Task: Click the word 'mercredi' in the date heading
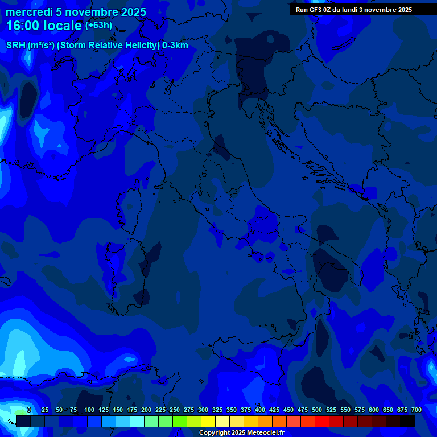point(29,12)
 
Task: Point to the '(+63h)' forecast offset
point(98,26)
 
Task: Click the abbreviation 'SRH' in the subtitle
point(15,46)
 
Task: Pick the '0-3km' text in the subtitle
point(175,46)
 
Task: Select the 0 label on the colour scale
point(28,410)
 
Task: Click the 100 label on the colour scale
point(89,410)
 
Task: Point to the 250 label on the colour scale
point(175,410)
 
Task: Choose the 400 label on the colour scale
point(260,410)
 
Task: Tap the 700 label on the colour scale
point(417,410)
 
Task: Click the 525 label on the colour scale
point(331,410)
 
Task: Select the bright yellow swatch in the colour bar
point(208,421)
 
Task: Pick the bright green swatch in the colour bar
point(180,421)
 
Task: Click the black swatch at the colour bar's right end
point(407,421)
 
